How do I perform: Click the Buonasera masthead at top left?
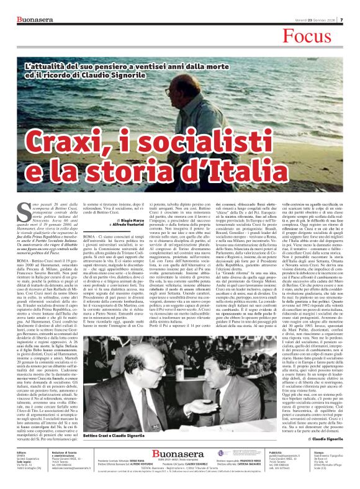[25, 5]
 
